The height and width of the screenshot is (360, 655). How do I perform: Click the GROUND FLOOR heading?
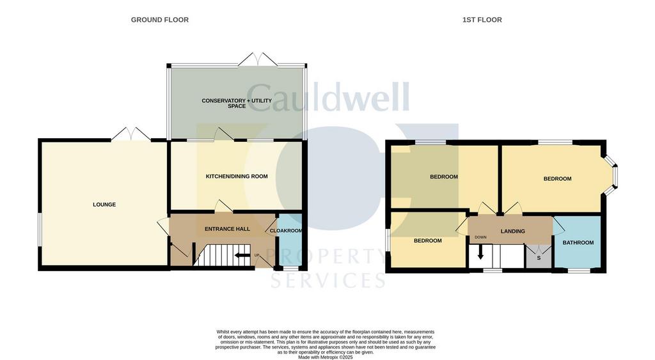[159, 20]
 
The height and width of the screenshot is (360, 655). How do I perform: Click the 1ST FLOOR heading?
[482, 20]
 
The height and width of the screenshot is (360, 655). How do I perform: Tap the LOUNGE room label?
[104, 205]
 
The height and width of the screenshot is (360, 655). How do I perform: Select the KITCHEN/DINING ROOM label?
[236, 176]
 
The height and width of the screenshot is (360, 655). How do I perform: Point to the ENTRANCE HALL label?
[226, 229]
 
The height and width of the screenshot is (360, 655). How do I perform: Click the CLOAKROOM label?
[286, 231]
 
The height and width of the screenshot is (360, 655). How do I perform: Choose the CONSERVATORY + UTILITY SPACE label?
[237, 103]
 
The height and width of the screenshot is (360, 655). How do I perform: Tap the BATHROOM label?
[578, 243]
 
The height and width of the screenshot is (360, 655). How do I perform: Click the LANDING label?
[513, 231]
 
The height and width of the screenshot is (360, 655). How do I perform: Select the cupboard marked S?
[539, 258]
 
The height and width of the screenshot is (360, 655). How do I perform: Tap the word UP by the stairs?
[257, 256]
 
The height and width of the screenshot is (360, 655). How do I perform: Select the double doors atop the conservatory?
[258, 59]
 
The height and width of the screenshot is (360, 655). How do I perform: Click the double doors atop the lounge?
[130, 134]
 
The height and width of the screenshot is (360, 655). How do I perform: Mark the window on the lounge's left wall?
[40, 228]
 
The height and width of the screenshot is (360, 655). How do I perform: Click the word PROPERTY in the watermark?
[329, 257]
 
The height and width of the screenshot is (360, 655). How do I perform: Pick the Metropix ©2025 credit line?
[326, 357]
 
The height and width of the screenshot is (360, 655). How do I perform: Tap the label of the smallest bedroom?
[427, 241]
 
